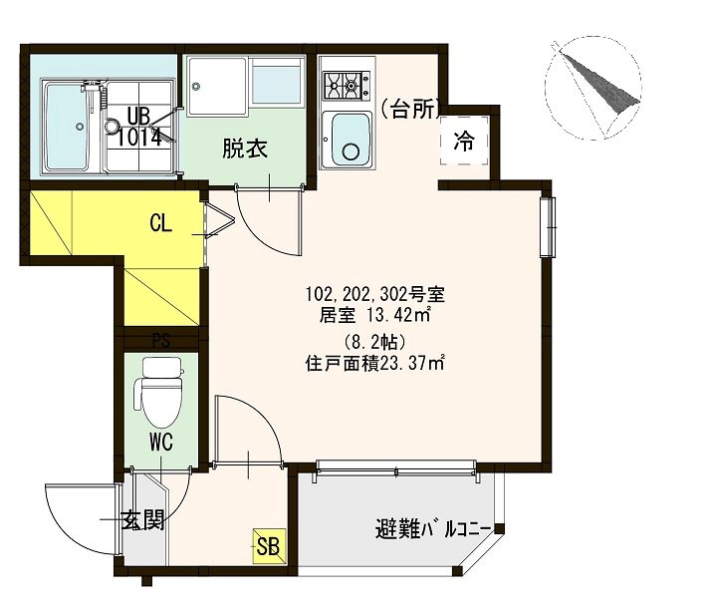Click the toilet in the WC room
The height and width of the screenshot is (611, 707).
(x=161, y=392)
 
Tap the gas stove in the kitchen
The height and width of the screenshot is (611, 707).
(x=347, y=85)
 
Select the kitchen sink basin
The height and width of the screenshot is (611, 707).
(x=352, y=140)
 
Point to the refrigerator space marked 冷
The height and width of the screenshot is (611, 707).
(x=464, y=141)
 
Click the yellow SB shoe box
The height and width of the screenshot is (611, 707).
(x=269, y=546)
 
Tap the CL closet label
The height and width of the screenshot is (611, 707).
(x=160, y=223)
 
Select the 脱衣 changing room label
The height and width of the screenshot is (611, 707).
(x=245, y=148)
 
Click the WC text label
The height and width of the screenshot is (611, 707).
(x=161, y=443)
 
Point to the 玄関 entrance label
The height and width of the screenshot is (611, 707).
(x=143, y=520)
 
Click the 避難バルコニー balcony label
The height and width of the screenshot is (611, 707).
(x=433, y=529)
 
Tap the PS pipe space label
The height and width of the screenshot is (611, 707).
(x=161, y=341)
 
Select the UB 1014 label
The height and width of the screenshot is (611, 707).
(x=138, y=127)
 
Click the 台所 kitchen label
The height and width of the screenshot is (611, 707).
(x=410, y=109)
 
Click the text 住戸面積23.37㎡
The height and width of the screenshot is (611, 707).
(x=375, y=363)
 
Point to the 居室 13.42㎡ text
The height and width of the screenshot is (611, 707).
(x=375, y=315)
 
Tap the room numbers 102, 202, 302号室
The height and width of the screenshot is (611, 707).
(x=375, y=294)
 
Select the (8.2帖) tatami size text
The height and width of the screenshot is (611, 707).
(x=375, y=342)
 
